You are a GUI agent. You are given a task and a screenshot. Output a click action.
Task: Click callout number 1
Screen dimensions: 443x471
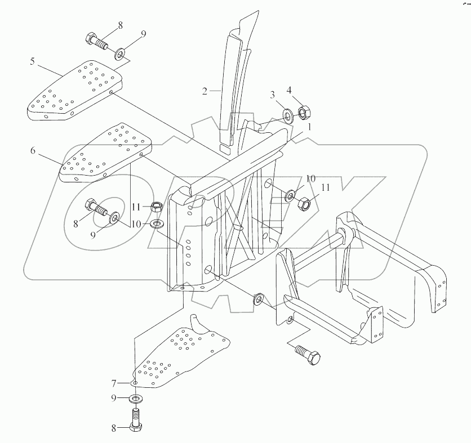(x=309, y=128)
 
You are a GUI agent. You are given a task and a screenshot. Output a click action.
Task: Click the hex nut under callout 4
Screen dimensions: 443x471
(x=303, y=113)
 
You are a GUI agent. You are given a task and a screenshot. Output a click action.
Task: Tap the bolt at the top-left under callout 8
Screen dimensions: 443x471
(x=96, y=41)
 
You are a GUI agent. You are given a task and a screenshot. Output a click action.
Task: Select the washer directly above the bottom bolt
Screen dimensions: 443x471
(x=136, y=399)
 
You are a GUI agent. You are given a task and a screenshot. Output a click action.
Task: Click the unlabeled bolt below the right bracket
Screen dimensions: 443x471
(x=306, y=355)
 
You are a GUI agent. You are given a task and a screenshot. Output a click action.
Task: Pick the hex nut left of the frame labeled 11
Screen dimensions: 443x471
(x=158, y=206)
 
